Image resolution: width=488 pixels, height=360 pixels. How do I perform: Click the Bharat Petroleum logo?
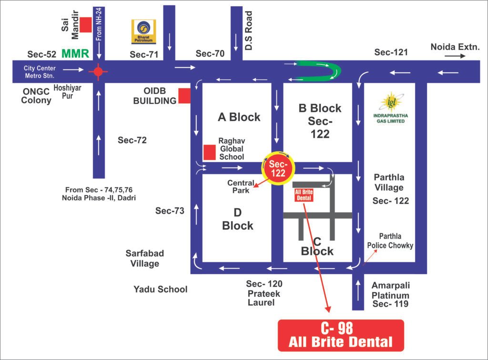pyautogui.click(x=143, y=31)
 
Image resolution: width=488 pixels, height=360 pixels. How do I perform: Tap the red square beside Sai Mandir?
pyautogui.click(x=86, y=25)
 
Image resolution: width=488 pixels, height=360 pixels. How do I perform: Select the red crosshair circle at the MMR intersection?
pyautogui.click(x=98, y=71)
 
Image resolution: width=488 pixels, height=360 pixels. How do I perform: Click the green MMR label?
pyautogui.click(x=75, y=53)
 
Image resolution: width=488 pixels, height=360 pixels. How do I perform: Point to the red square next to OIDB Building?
pyautogui.click(x=184, y=96)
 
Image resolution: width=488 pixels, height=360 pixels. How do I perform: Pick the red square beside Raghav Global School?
pyautogui.click(x=209, y=152)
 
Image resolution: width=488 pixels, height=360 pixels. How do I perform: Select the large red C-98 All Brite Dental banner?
pyautogui.click(x=341, y=335)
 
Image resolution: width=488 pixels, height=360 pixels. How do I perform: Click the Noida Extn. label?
pyautogui.click(x=455, y=47)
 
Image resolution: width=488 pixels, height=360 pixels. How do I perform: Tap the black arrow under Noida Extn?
pyautogui.click(x=455, y=56)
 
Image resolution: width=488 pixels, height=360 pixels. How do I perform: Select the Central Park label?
pyautogui.click(x=238, y=187)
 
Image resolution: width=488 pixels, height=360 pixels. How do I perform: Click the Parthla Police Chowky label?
pyautogui.click(x=390, y=241)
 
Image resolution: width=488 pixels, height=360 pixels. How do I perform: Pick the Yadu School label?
pyautogui.click(x=160, y=289)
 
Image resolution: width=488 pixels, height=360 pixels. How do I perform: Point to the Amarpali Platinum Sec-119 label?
pyautogui.click(x=390, y=294)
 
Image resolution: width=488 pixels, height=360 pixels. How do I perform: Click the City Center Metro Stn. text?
pyautogui.click(x=40, y=72)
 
